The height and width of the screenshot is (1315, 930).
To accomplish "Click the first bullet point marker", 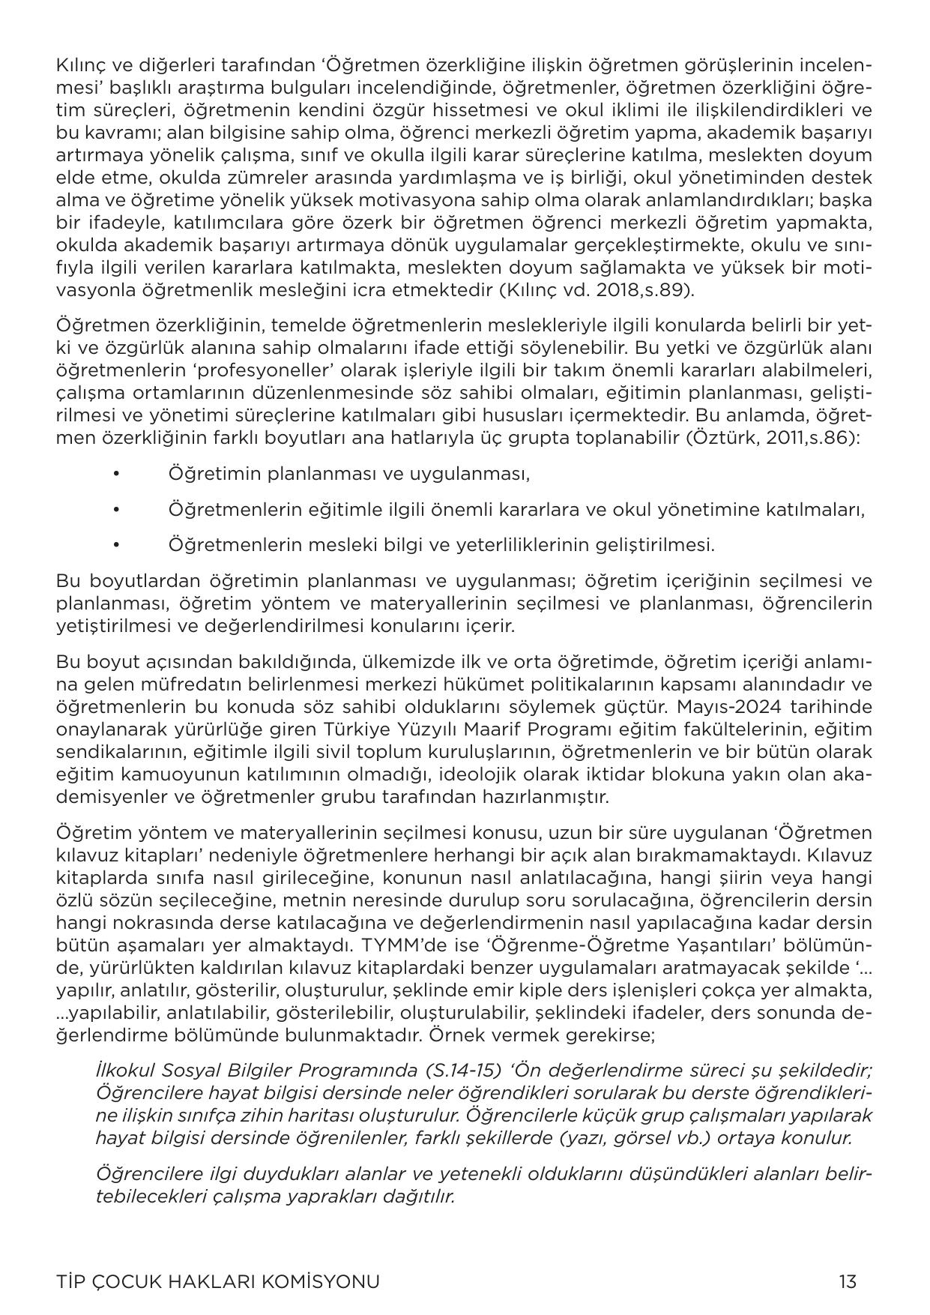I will (x=115, y=474).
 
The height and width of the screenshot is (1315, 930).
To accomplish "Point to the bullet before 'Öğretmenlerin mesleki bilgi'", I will (x=115, y=544).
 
